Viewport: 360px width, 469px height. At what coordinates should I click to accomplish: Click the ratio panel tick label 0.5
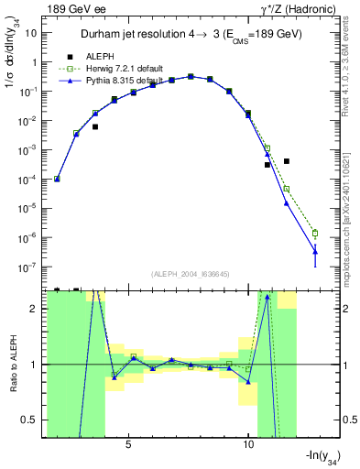(x=32, y=420)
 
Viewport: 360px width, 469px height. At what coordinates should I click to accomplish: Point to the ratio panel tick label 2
(x=36, y=309)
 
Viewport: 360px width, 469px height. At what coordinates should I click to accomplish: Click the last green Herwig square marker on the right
(x=315, y=233)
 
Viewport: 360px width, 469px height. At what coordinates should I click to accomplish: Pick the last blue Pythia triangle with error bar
(x=315, y=250)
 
